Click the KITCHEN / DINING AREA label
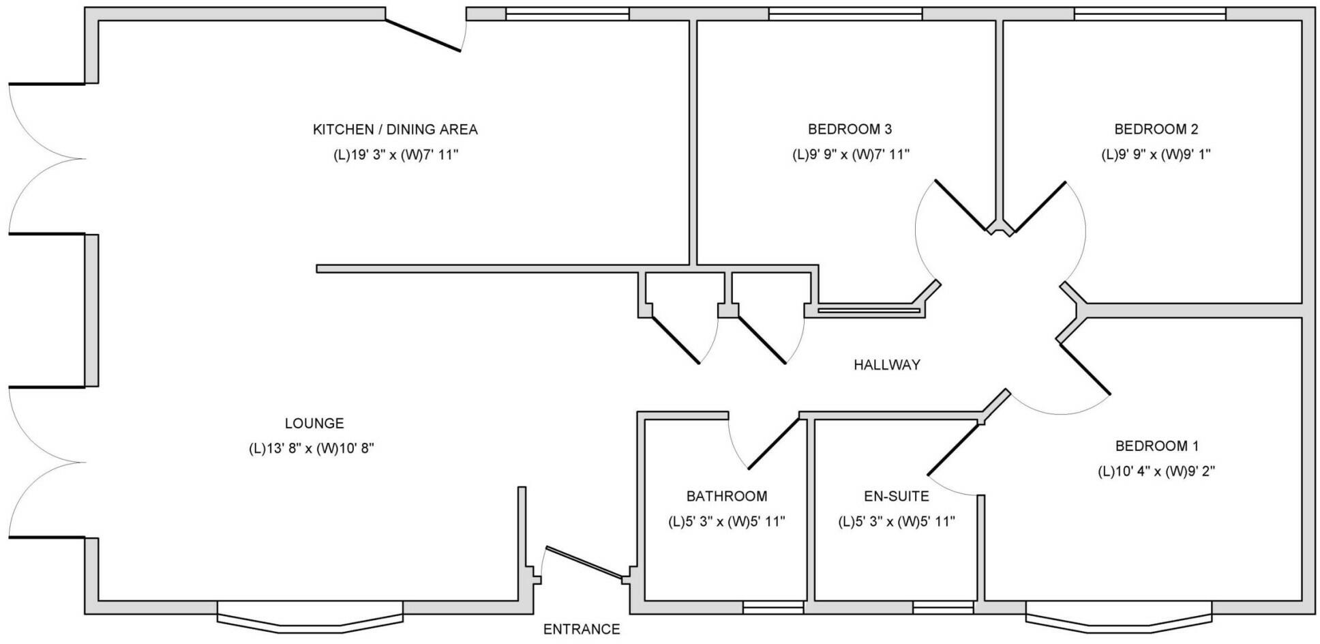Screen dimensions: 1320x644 (x=395, y=130)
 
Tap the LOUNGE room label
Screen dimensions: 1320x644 (x=314, y=424)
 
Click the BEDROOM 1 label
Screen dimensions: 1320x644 (x=1156, y=446)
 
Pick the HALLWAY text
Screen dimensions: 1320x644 (x=887, y=365)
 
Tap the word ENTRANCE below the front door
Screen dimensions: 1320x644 (x=582, y=629)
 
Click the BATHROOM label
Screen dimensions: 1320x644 (x=726, y=497)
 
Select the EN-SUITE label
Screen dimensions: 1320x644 (x=897, y=496)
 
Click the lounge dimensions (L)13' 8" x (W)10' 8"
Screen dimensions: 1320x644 (x=312, y=449)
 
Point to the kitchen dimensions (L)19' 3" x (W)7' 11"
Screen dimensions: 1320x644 (x=395, y=155)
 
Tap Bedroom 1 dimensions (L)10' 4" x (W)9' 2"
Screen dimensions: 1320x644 (x=1156, y=471)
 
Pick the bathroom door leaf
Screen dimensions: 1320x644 (x=773, y=443)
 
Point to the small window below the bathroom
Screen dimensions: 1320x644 (x=773, y=607)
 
